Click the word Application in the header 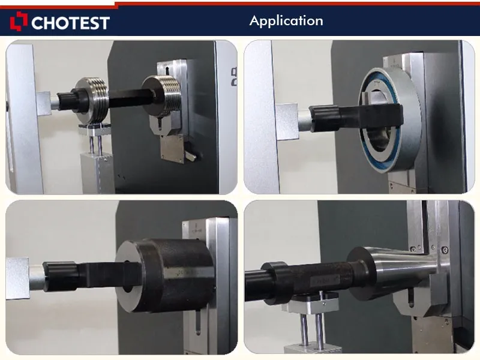(286, 21)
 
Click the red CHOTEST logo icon (19, 22)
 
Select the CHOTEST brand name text (70, 23)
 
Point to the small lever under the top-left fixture (189, 155)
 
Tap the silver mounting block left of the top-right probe (287, 121)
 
